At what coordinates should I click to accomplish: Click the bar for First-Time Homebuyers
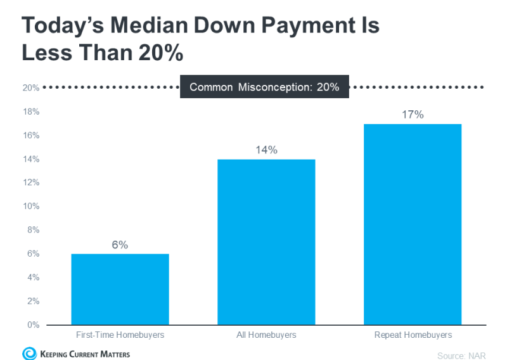120,289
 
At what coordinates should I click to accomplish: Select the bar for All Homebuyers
266,241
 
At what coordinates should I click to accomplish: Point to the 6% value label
120,245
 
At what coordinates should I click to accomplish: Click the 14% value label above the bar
266,150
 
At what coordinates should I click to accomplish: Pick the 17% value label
413,115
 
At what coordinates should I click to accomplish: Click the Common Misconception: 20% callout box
264,87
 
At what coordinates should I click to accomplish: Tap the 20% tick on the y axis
31,88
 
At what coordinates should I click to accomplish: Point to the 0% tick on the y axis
33,325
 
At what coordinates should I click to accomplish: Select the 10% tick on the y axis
31,207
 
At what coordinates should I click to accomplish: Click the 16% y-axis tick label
31,136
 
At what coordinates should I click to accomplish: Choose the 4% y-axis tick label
33,278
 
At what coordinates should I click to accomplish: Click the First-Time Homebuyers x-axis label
120,335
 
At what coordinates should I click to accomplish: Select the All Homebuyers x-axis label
266,335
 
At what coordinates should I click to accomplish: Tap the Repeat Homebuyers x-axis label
413,335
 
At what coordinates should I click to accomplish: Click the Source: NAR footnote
461,356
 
